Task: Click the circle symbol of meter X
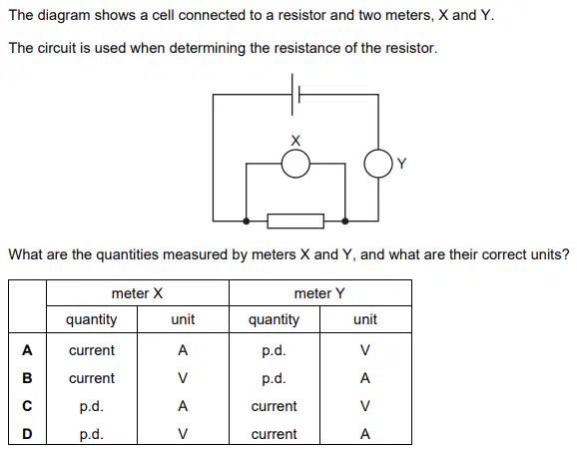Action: pos(282,164)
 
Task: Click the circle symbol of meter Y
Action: pos(364,164)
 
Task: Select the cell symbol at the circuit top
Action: pos(295,95)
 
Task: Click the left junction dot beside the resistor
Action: pos(247,222)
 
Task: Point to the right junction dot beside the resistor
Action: pos(344,222)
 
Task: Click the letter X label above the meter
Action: pos(295,141)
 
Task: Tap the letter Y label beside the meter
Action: pos(402,164)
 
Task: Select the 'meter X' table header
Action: pos(137,293)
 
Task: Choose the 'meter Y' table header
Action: pos(319,293)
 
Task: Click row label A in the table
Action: pos(27,350)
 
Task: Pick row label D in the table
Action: pos(27,434)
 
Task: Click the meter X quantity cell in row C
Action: pos(92,406)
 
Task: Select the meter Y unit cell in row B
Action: pos(365,378)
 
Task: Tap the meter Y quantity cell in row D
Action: pos(274,434)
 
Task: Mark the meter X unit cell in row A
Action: pos(183,350)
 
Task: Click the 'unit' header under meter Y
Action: pos(365,319)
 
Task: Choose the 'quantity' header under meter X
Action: pos(91,320)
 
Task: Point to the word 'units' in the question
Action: pos(545,254)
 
